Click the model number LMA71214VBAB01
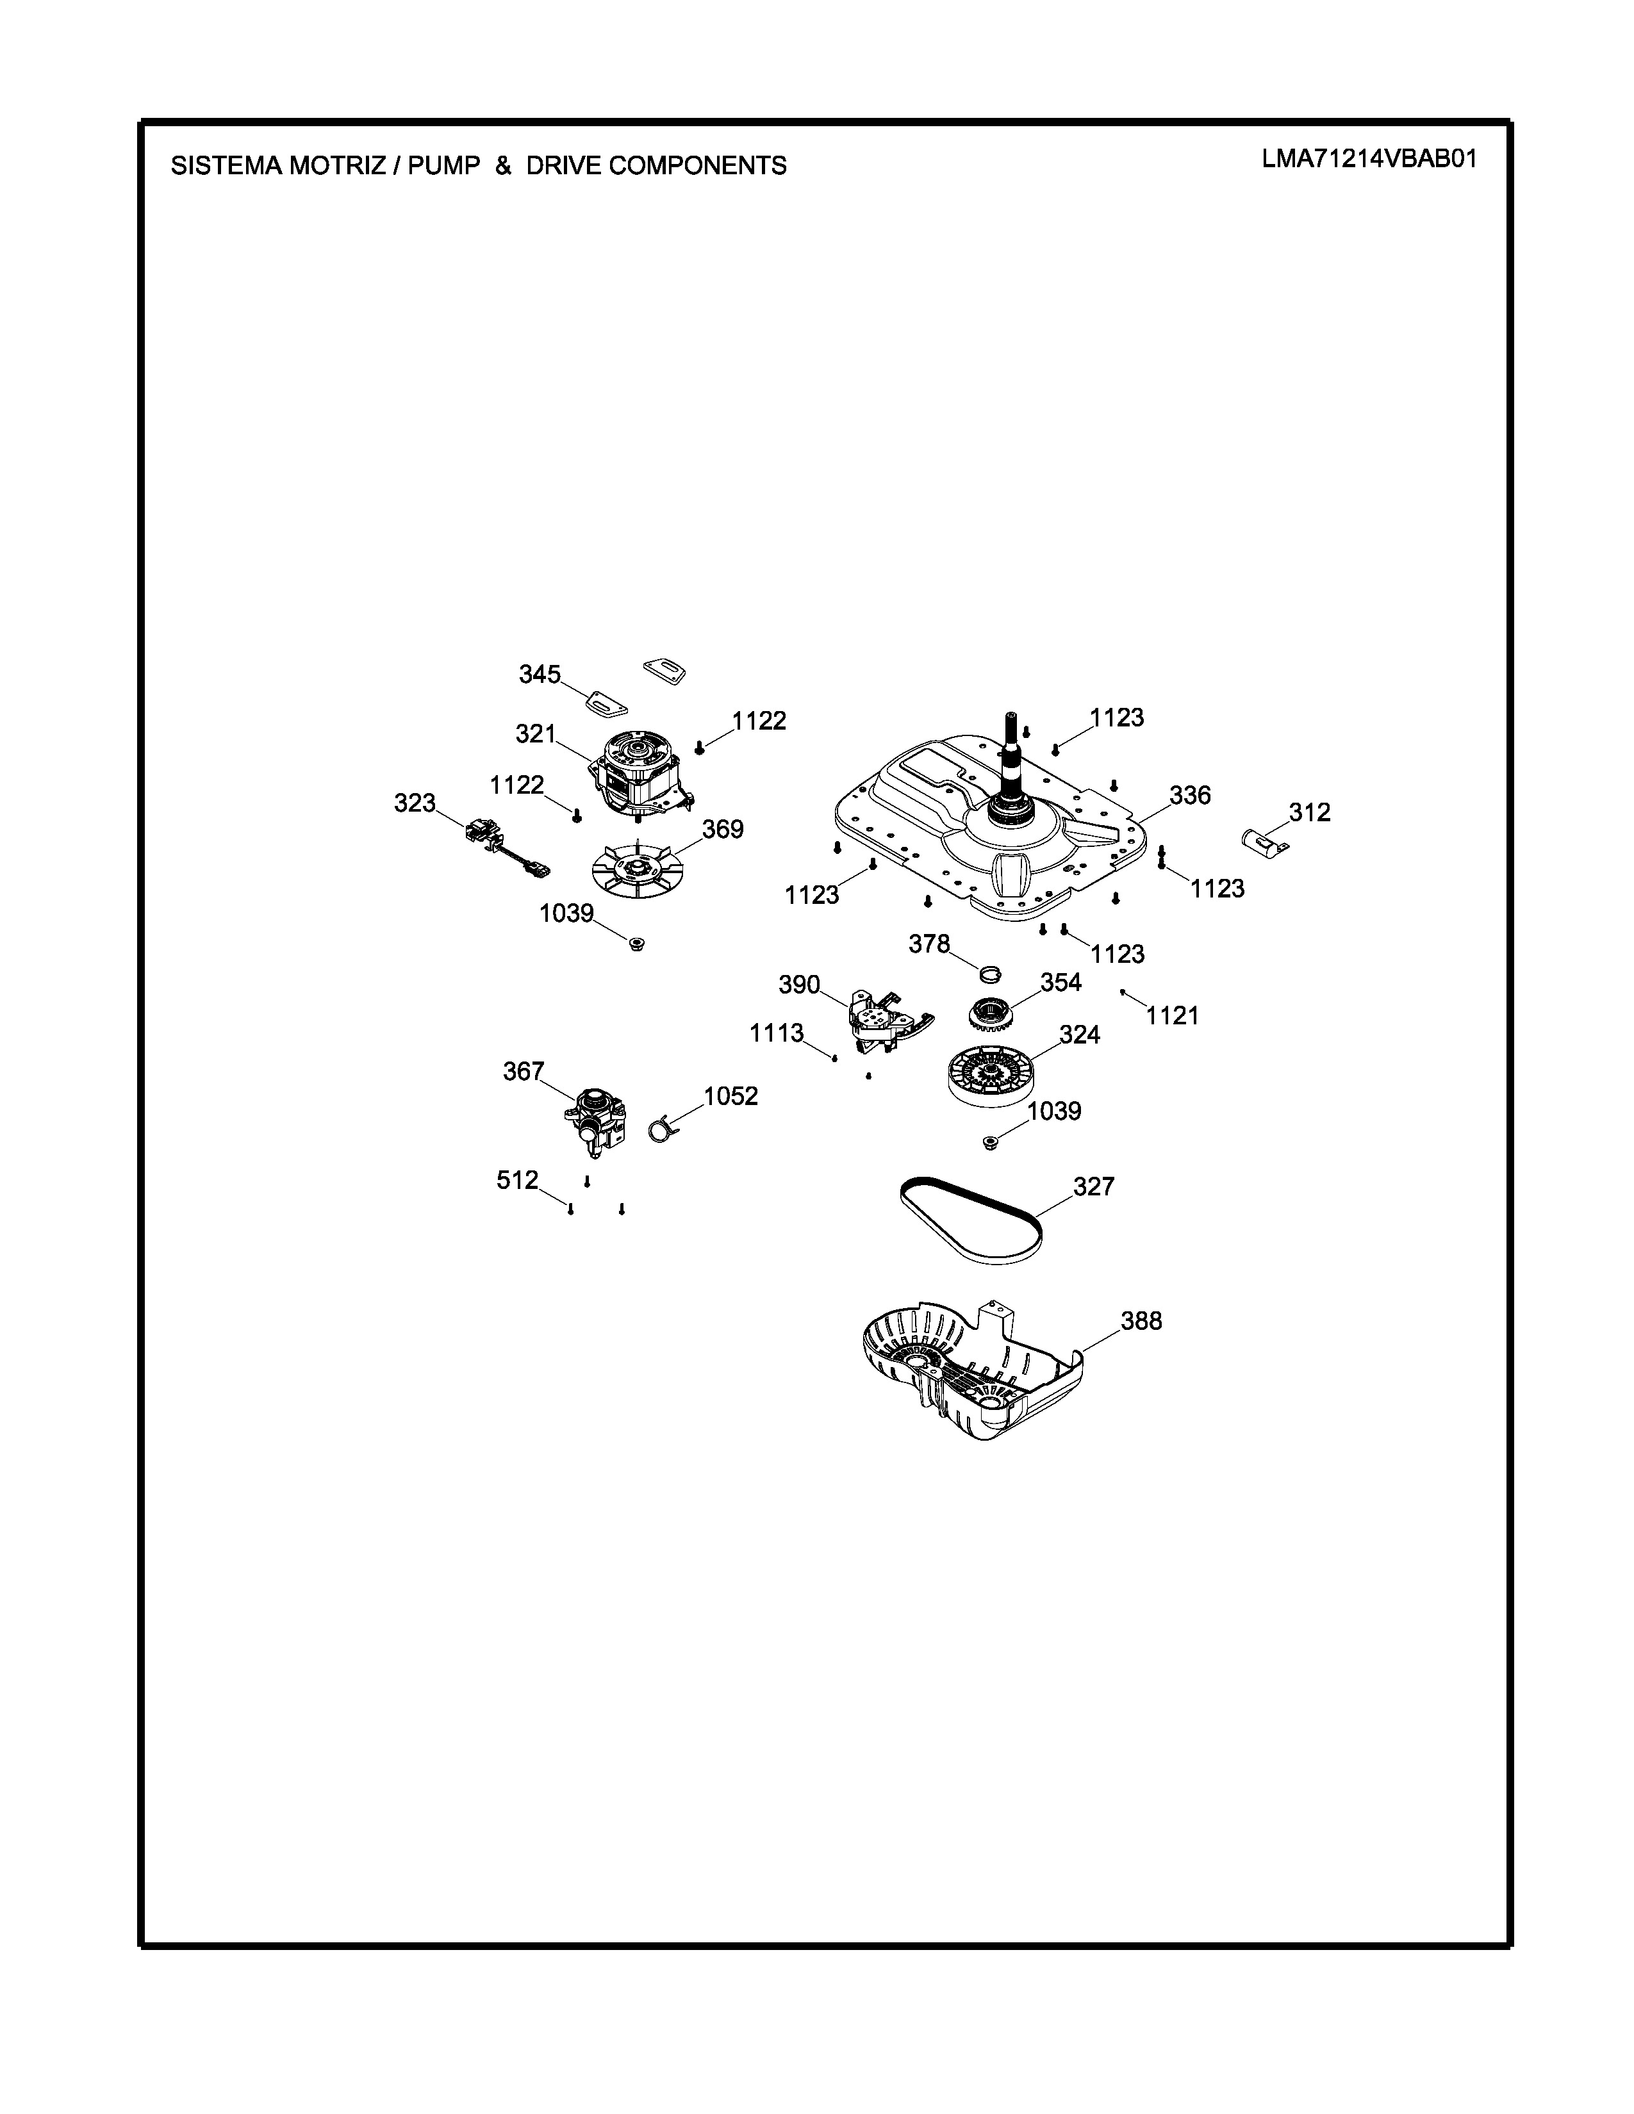pos(1369,160)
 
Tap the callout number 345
pos(539,674)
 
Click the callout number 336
pos(1190,795)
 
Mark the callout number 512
pos(517,1180)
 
